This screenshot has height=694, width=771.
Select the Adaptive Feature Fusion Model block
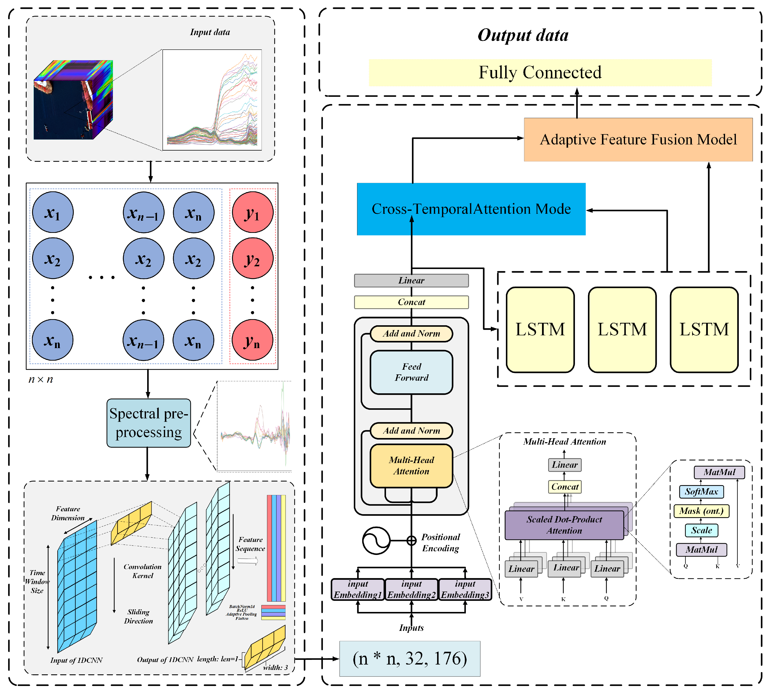(x=638, y=140)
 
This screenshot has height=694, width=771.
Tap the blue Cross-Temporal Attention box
(x=471, y=209)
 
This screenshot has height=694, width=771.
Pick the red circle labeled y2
(x=252, y=258)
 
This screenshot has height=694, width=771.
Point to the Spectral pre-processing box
(x=148, y=423)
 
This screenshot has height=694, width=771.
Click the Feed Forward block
(x=411, y=372)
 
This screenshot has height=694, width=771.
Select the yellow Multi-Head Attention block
(x=411, y=466)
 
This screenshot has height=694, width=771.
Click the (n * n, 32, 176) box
(x=410, y=659)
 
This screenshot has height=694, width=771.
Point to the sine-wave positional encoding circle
(x=376, y=540)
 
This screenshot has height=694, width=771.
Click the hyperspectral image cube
(x=73, y=100)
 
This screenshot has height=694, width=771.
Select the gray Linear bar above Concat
(x=411, y=281)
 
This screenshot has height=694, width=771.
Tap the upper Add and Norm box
(x=411, y=334)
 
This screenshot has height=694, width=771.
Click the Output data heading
(x=523, y=35)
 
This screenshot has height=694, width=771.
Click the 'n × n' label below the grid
(x=41, y=379)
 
